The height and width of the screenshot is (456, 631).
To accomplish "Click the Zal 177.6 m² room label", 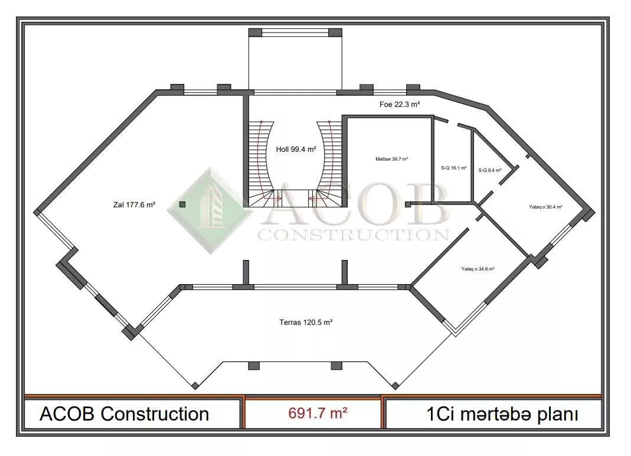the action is click(134, 204).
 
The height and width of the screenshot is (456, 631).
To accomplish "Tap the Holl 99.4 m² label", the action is click(296, 149).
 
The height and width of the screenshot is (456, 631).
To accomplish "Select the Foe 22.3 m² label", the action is click(400, 105).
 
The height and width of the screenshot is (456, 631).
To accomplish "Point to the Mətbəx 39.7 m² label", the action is click(391, 159).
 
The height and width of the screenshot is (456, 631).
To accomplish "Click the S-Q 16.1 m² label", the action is click(453, 168).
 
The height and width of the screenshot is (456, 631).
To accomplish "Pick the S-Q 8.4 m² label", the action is click(490, 170).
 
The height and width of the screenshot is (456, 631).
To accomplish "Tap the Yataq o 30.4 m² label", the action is click(545, 207).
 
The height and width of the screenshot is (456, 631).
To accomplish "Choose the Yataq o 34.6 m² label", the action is click(478, 269).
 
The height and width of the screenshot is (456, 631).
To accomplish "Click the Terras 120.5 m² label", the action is click(306, 323).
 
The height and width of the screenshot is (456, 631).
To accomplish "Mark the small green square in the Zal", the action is click(182, 204).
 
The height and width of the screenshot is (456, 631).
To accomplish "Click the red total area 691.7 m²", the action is click(318, 413).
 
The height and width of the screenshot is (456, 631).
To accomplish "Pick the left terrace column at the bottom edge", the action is click(254, 366).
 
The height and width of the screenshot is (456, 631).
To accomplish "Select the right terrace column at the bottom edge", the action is click(336, 366).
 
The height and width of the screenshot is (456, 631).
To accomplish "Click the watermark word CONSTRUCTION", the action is click(354, 234).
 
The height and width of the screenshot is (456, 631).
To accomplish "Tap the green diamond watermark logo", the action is click(211, 211).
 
